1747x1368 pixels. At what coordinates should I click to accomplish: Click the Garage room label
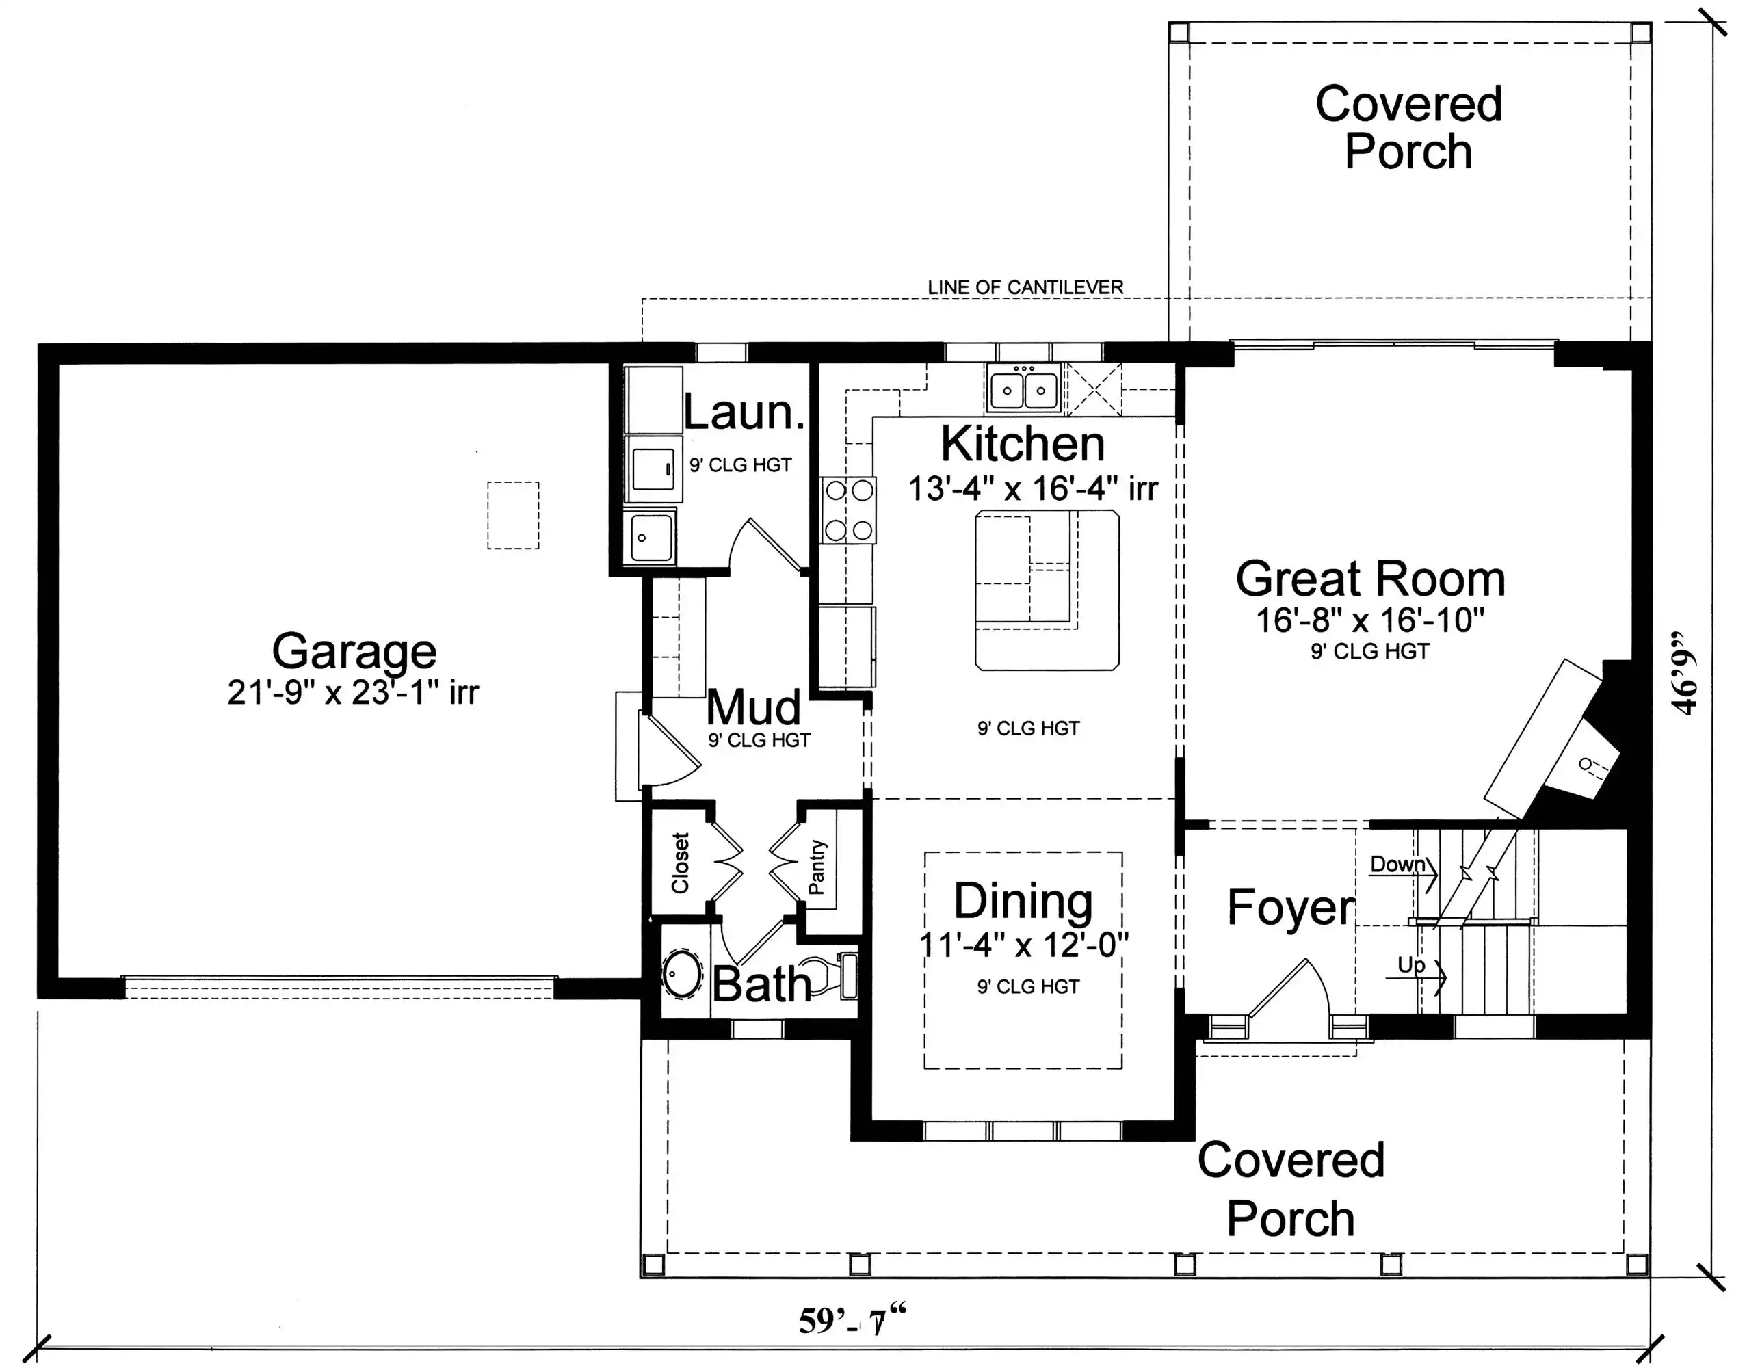pyautogui.click(x=354, y=651)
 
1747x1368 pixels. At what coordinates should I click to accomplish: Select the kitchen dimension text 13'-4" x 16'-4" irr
pyautogui.click(x=1032, y=488)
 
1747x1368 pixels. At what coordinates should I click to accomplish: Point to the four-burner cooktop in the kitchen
pyautogui.click(x=849, y=510)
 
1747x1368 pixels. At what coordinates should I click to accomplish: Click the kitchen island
pyautogui.click(x=1047, y=590)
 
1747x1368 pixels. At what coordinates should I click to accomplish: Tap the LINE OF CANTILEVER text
pyautogui.click(x=1025, y=287)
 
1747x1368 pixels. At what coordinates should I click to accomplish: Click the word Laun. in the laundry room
pyautogui.click(x=744, y=412)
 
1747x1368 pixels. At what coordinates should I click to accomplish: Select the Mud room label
pyautogui.click(x=753, y=707)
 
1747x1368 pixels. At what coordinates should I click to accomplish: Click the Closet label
pyautogui.click(x=680, y=863)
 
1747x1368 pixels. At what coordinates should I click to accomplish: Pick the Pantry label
pyautogui.click(x=816, y=867)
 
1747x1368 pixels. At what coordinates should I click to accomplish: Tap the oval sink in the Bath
pyautogui.click(x=683, y=975)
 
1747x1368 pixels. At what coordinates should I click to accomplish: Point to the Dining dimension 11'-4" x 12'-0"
pyautogui.click(x=1024, y=945)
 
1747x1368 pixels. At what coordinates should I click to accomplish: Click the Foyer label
pyautogui.click(x=1291, y=908)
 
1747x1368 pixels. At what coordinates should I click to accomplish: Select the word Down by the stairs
pyautogui.click(x=1397, y=864)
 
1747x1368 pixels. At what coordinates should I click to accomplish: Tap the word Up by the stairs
pyautogui.click(x=1411, y=965)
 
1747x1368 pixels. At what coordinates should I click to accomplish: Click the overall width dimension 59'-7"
pyautogui.click(x=853, y=1321)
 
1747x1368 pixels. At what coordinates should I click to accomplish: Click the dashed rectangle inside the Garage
pyautogui.click(x=514, y=515)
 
